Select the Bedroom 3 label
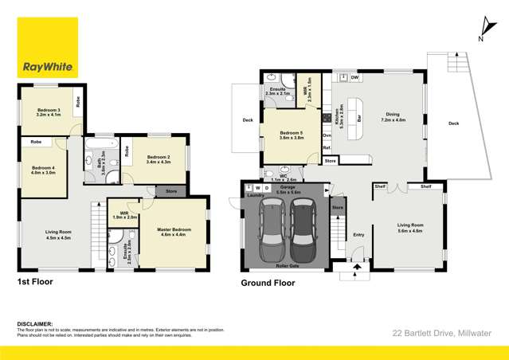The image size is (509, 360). click(x=48, y=113)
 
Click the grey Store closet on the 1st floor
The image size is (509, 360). click(x=170, y=191)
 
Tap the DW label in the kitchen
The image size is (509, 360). click(x=354, y=77)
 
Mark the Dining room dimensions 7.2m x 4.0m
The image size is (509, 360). click(x=393, y=119)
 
